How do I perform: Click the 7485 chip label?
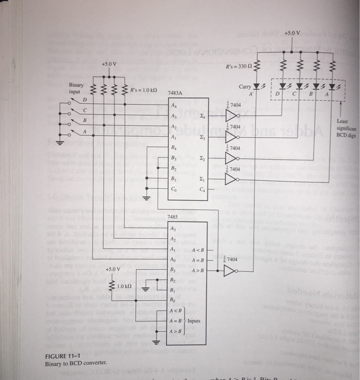[x=173, y=217]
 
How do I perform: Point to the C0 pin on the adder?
[x=174, y=189]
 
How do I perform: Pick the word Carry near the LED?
[x=247, y=86]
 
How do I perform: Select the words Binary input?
[x=77, y=88]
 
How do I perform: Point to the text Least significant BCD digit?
[x=345, y=127]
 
